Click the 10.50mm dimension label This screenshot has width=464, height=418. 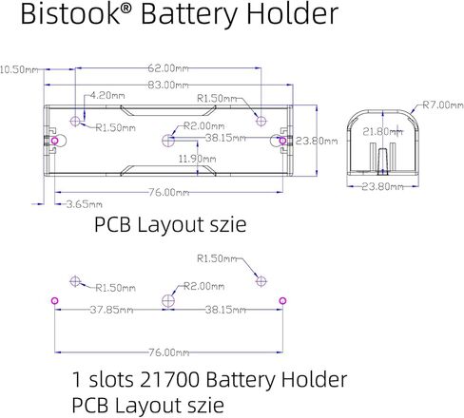pyautogui.click(x=18, y=69)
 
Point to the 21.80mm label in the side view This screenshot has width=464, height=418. pyautogui.click(x=382, y=131)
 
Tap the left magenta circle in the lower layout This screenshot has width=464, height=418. pyautogui.click(x=54, y=300)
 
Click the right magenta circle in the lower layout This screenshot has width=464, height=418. pyautogui.click(x=282, y=300)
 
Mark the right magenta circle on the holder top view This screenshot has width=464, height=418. pyautogui.click(x=280, y=141)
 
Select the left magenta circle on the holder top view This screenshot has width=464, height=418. pyautogui.click(x=55, y=141)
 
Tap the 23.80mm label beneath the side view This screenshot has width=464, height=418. pyautogui.click(x=382, y=187)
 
